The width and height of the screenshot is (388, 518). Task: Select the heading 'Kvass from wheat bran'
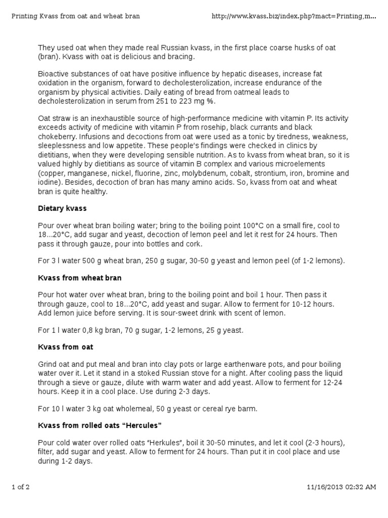point(79,278)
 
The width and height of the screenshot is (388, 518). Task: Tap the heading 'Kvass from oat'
point(66,347)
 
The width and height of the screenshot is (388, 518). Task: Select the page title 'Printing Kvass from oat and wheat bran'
point(76,16)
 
